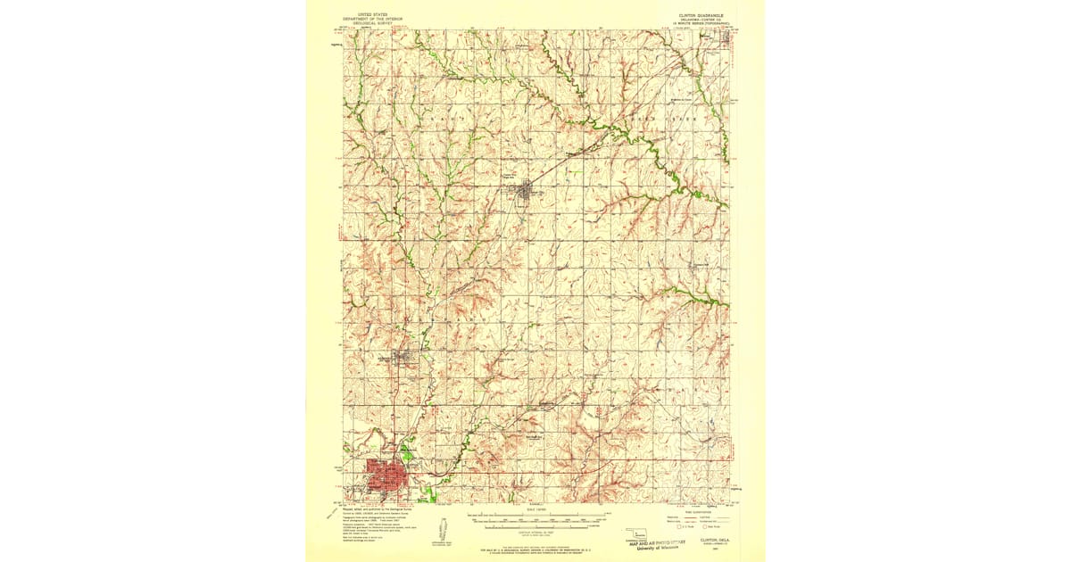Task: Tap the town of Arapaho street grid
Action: click(405, 360)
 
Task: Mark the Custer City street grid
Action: click(528, 189)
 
